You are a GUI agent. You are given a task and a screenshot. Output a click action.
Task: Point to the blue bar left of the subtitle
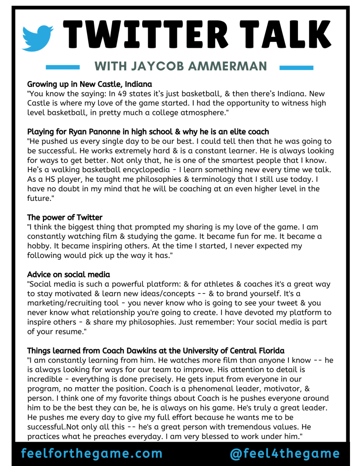click(62, 67)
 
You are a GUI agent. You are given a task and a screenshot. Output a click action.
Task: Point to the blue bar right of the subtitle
click(296, 67)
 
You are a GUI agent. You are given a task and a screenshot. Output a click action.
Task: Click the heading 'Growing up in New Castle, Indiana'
click(89, 84)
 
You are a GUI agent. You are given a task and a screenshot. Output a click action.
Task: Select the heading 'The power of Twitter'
click(65, 217)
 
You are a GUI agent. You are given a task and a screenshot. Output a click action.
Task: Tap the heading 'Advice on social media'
click(68, 275)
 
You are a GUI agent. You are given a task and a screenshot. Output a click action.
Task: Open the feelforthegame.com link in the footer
click(92, 453)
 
